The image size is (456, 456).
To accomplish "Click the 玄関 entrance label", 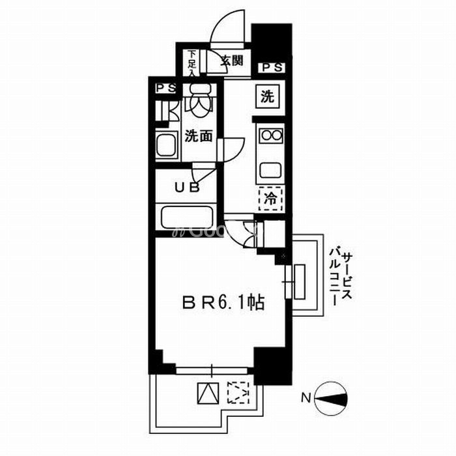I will point(231,61).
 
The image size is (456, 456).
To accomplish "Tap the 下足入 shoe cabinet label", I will point(192,63).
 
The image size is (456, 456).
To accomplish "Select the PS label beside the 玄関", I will point(272,67).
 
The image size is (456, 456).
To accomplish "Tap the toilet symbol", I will point(198,100).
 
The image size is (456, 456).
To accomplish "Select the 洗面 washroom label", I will point(199,136).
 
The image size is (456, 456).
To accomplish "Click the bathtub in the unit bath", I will point(187,216).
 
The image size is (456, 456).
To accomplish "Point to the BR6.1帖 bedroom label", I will point(223,303).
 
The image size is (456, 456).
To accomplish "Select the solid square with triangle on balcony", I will point(207,393).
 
